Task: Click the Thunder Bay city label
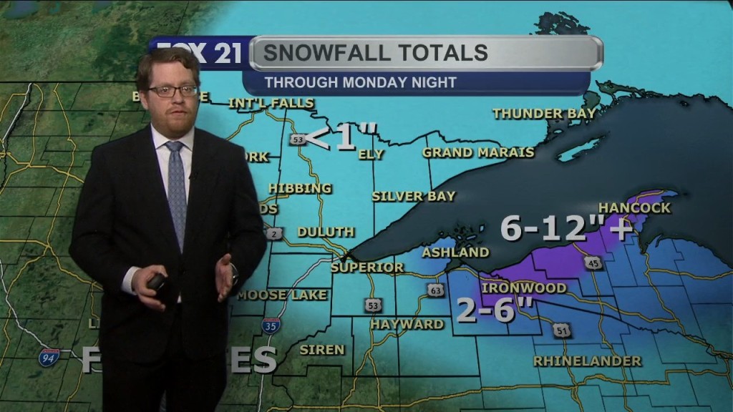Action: (538, 113)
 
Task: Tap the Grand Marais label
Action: (478, 152)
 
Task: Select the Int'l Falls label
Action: (271, 103)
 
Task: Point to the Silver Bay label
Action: (414, 196)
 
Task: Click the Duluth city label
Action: (326, 232)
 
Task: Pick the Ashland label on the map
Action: (455, 252)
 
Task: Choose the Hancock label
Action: (634, 208)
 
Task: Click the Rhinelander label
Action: (587, 360)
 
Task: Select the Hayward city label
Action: (407, 324)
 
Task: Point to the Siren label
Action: (322, 350)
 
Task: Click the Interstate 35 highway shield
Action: (271, 326)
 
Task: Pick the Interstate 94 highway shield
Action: (49, 357)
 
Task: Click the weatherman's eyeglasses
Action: (173, 91)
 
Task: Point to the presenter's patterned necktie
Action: (176, 190)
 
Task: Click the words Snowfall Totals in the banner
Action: (376, 52)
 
